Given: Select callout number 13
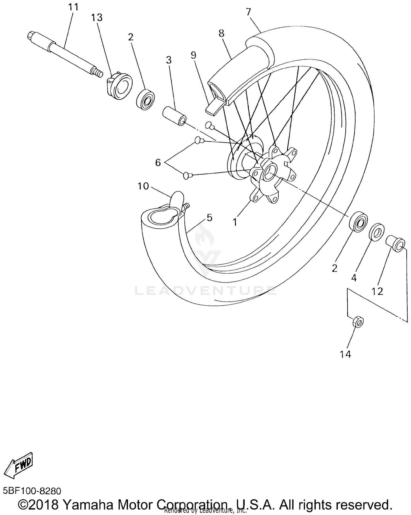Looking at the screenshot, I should coord(97,18).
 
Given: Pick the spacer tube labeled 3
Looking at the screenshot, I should coord(175,117).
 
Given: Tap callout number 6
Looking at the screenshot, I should coord(158,163).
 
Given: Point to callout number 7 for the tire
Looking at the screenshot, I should coord(248,12).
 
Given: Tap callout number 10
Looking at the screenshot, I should coord(143,186).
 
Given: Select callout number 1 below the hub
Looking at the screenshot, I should coord(235,222).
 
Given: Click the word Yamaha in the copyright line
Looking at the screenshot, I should coord(90,504).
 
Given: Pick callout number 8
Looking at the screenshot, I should coord(221,33).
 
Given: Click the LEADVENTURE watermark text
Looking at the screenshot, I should coord(206,290).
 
